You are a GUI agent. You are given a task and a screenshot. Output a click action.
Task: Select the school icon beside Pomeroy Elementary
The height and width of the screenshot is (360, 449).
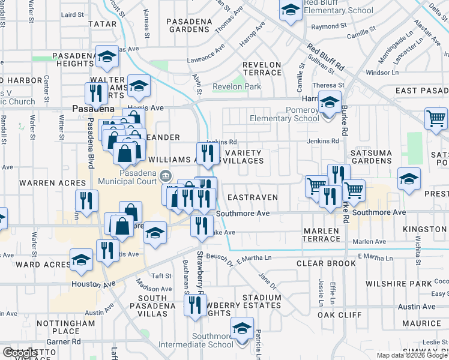329,103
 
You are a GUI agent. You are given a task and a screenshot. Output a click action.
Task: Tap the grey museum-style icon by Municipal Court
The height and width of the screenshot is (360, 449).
166,176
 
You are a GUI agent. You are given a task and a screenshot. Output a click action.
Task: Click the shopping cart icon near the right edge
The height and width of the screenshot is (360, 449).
436,118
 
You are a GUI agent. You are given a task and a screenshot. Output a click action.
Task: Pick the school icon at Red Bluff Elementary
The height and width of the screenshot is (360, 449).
291,11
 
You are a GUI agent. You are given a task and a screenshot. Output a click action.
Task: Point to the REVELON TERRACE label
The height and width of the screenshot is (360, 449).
262,68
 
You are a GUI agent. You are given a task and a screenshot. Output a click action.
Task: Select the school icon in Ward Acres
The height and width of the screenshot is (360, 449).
80,260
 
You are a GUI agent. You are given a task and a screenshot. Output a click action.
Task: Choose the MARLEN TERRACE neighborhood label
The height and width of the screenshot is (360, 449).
322,234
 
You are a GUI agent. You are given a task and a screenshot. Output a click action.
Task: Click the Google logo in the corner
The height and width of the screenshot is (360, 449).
20,353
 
